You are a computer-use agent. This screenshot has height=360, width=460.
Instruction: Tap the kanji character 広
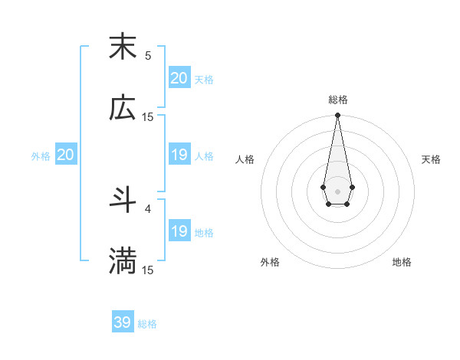tap(123, 108)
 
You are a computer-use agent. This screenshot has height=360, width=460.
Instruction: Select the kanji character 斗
tap(123, 201)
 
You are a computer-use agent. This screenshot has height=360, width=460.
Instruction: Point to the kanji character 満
tap(123, 261)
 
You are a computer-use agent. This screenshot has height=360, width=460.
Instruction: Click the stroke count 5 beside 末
tap(148, 56)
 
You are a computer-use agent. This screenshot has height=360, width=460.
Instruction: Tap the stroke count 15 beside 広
tap(148, 117)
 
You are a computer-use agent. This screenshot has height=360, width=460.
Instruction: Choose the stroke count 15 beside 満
tap(148, 270)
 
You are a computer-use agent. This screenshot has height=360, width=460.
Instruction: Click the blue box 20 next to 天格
tap(179, 78)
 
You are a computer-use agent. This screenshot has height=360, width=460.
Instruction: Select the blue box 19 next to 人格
tap(179, 155)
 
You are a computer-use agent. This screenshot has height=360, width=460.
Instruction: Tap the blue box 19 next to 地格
tap(179, 231)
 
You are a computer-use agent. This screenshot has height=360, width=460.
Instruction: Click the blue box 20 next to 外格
tap(66, 155)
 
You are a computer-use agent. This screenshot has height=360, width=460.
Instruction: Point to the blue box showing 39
tap(123, 322)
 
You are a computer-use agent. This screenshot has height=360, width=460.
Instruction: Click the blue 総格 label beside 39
tap(147, 324)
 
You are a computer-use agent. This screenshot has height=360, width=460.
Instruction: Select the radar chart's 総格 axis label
tap(337, 100)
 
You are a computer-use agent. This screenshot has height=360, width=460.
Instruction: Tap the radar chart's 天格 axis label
tap(432, 159)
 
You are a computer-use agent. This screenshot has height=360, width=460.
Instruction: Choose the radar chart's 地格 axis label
tap(402, 262)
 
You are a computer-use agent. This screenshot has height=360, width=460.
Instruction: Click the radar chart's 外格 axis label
tap(270, 262)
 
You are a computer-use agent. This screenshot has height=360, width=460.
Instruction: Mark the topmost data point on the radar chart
tap(337, 115)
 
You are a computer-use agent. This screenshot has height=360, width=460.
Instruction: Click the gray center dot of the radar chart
tap(337, 190)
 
